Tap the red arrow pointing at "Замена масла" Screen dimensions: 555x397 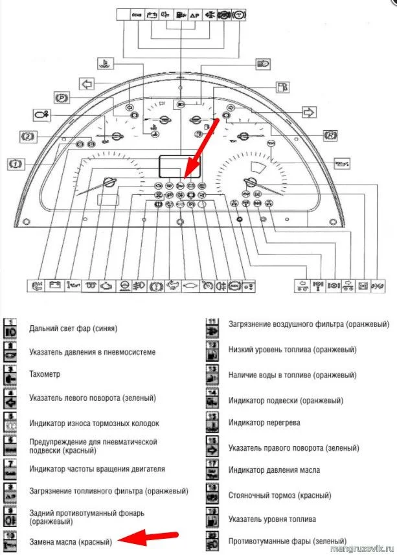pyautogui.click(x=153, y=536)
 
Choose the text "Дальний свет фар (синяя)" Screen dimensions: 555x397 pyautogui.click(x=73, y=328)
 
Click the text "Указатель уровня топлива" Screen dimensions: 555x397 pyautogui.click(x=273, y=519)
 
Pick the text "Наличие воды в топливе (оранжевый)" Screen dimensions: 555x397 pyautogui.click(x=292, y=375)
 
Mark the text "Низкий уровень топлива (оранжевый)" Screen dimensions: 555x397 pyautogui.click(x=292, y=350)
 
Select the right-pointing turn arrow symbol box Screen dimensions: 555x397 pyautogui.click(x=308, y=112)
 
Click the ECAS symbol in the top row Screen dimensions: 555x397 pyautogui.click(x=136, y=15)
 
